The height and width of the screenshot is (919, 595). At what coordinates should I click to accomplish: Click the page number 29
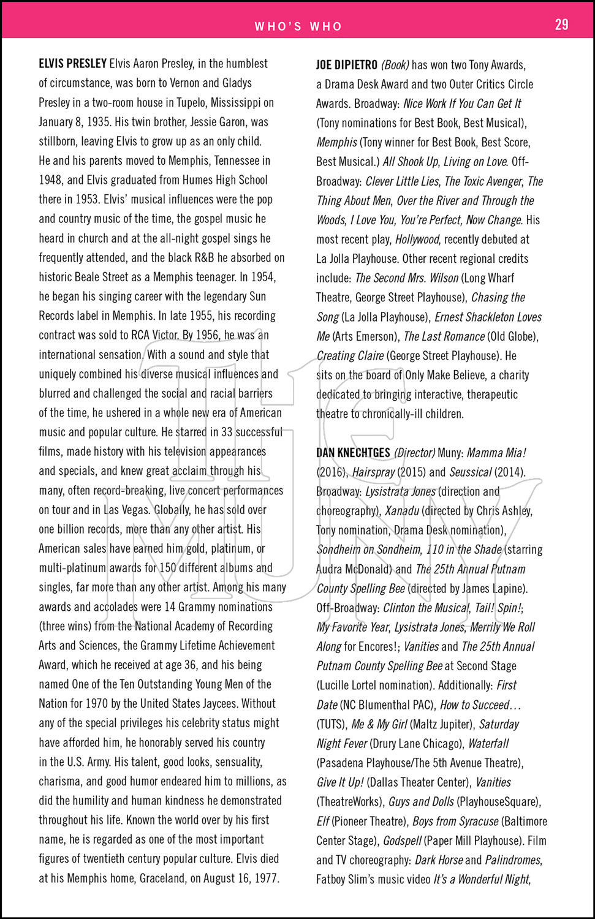(x=561, y=25)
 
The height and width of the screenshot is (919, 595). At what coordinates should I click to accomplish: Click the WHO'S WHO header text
(x=298, y=26)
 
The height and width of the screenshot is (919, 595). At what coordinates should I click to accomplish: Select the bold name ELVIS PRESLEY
(x=72, y=64)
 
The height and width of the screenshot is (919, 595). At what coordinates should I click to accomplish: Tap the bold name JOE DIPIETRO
(x=346, y=65)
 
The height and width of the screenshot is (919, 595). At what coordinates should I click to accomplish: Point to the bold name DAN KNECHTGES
(x=353, y=453)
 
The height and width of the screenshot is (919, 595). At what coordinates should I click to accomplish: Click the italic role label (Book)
(x=395, y=65)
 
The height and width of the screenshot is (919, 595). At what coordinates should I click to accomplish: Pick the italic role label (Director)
(x=414, y=453)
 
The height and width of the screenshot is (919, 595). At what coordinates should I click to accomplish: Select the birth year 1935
(x=98, y=122)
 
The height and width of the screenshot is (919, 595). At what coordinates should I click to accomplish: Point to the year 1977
(x=266, y=878)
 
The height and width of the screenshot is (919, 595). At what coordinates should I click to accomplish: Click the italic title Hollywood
(x=417, y=239)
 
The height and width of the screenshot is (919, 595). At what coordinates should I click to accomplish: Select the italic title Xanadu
(x=402, y=511)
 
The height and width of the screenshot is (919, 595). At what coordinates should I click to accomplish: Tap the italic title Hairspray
(x=373, y=472)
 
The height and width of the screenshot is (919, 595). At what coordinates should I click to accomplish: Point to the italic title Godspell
(x=402, y=841)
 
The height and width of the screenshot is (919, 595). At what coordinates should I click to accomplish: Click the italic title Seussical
(x=471, y=472)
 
